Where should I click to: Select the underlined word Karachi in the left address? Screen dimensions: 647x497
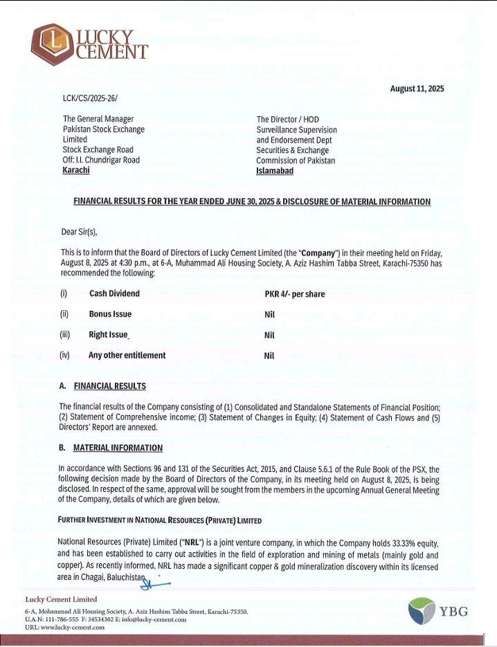[x=76, y=170]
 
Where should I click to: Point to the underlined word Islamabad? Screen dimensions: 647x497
[x=275, y=171]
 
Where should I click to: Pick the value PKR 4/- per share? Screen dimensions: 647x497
[x=294, y=294]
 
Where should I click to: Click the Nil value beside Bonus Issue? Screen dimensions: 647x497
[x=270, y=314]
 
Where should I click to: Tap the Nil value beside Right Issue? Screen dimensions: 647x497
[x=270, y=335]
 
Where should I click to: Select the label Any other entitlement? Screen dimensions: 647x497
[x=127, y=355]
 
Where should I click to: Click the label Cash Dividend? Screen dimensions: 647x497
[x=114, y=293]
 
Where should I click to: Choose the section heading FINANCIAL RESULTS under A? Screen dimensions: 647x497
[x=109, y=385]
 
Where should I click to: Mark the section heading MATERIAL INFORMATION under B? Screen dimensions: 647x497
[x=118, y=448]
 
